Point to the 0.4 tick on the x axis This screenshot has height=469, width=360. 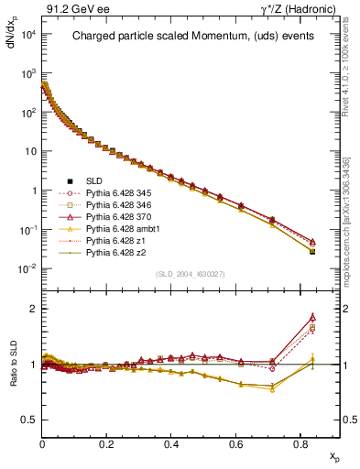tap(171, 443)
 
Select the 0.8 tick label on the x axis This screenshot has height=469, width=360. tap(300, 443)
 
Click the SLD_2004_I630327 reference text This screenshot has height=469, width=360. tap(191, 273)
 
